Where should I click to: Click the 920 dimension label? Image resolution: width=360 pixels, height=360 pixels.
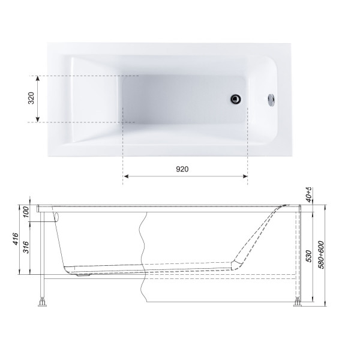[x=182, y=170]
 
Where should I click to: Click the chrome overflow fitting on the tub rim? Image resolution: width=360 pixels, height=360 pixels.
[x=272, y=100]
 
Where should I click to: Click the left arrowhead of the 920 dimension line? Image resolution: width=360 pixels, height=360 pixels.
[x=126, y=176]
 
